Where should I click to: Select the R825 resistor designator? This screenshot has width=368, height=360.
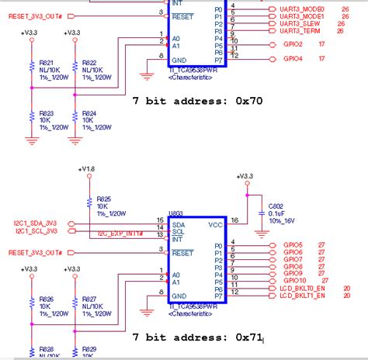coord(103,199)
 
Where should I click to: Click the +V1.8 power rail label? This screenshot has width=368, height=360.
coord(87,168)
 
